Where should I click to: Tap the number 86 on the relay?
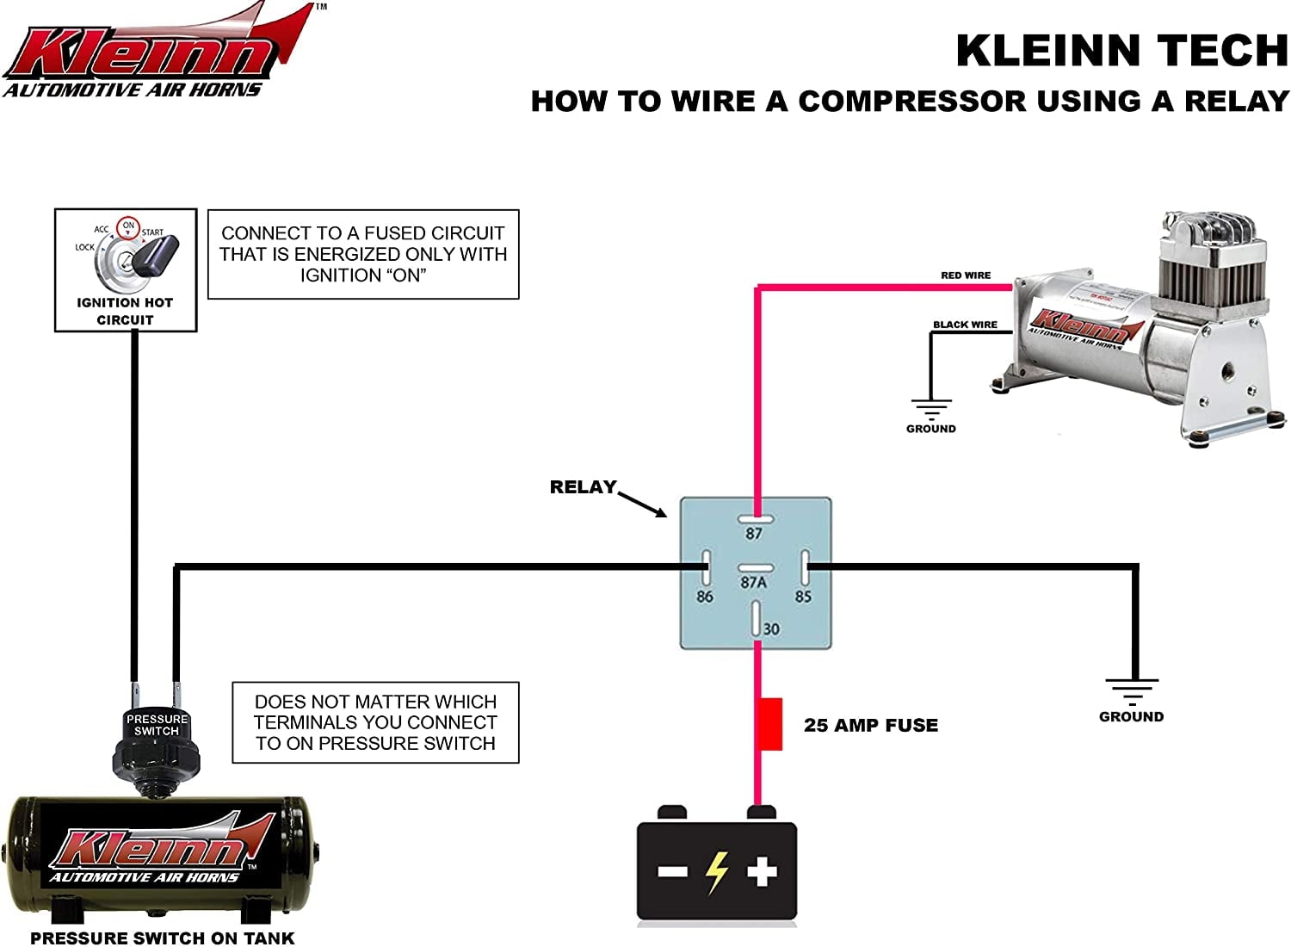coord(705,596)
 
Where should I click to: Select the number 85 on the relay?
coord(803,596)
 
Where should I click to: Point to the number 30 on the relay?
coord(771,629)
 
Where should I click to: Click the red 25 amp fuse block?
coord(770,724)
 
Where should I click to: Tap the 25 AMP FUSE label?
coord(871,725)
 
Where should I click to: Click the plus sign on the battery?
coord(762,871)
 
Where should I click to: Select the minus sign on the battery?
coord(672,872)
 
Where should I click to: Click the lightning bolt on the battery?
coord(716,872)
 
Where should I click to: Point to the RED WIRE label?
coord(966,275)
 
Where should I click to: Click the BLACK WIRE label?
coord(965,325)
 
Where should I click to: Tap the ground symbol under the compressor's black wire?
coord(931,408)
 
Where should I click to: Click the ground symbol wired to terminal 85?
coord(1132,691)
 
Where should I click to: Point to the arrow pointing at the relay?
coord(643,504)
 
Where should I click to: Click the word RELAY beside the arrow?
coord(583,487)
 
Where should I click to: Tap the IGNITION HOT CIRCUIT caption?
coord(125,311)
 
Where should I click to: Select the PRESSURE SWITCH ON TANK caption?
coord(163,938)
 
